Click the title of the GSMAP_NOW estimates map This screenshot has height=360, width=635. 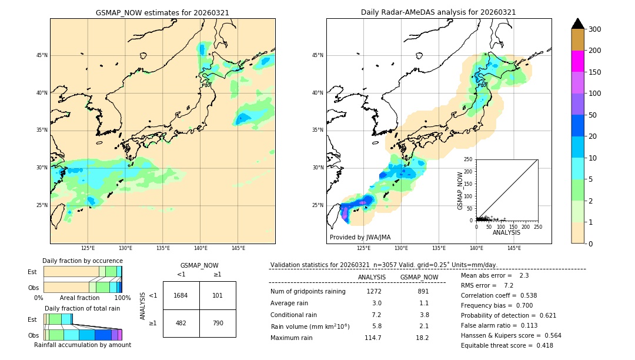[x=162, y=12]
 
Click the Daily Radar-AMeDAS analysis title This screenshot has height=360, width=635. [x=438, y=12]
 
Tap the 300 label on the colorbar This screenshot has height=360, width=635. [x=594, y=29]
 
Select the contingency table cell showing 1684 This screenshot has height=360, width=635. [x=181, y=295]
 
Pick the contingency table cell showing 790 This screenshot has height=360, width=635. [x=218, y=323]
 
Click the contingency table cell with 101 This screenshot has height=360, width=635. [x=218, y=295]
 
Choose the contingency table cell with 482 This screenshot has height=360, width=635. [x=181, y=323]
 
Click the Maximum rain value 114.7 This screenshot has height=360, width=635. [x=373, y=338]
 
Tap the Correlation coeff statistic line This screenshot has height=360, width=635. [x=499, y=295]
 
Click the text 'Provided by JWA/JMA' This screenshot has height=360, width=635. [x=360, y=238]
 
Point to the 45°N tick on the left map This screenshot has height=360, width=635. [x=42, y=55]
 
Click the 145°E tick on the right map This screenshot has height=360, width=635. [x=514, y=248]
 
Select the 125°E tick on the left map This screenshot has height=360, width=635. [x=88, y=248]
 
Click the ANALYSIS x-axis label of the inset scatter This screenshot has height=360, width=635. [x=506, y=232]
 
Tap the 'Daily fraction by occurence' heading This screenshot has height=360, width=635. [x=82, y=261]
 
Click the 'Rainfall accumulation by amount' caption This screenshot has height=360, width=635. [x=82, y=345]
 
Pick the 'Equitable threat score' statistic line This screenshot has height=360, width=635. [x=507, y=345]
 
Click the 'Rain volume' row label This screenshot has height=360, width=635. [x=310, y=326]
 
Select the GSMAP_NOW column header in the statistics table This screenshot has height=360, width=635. [x=419, y=277]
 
